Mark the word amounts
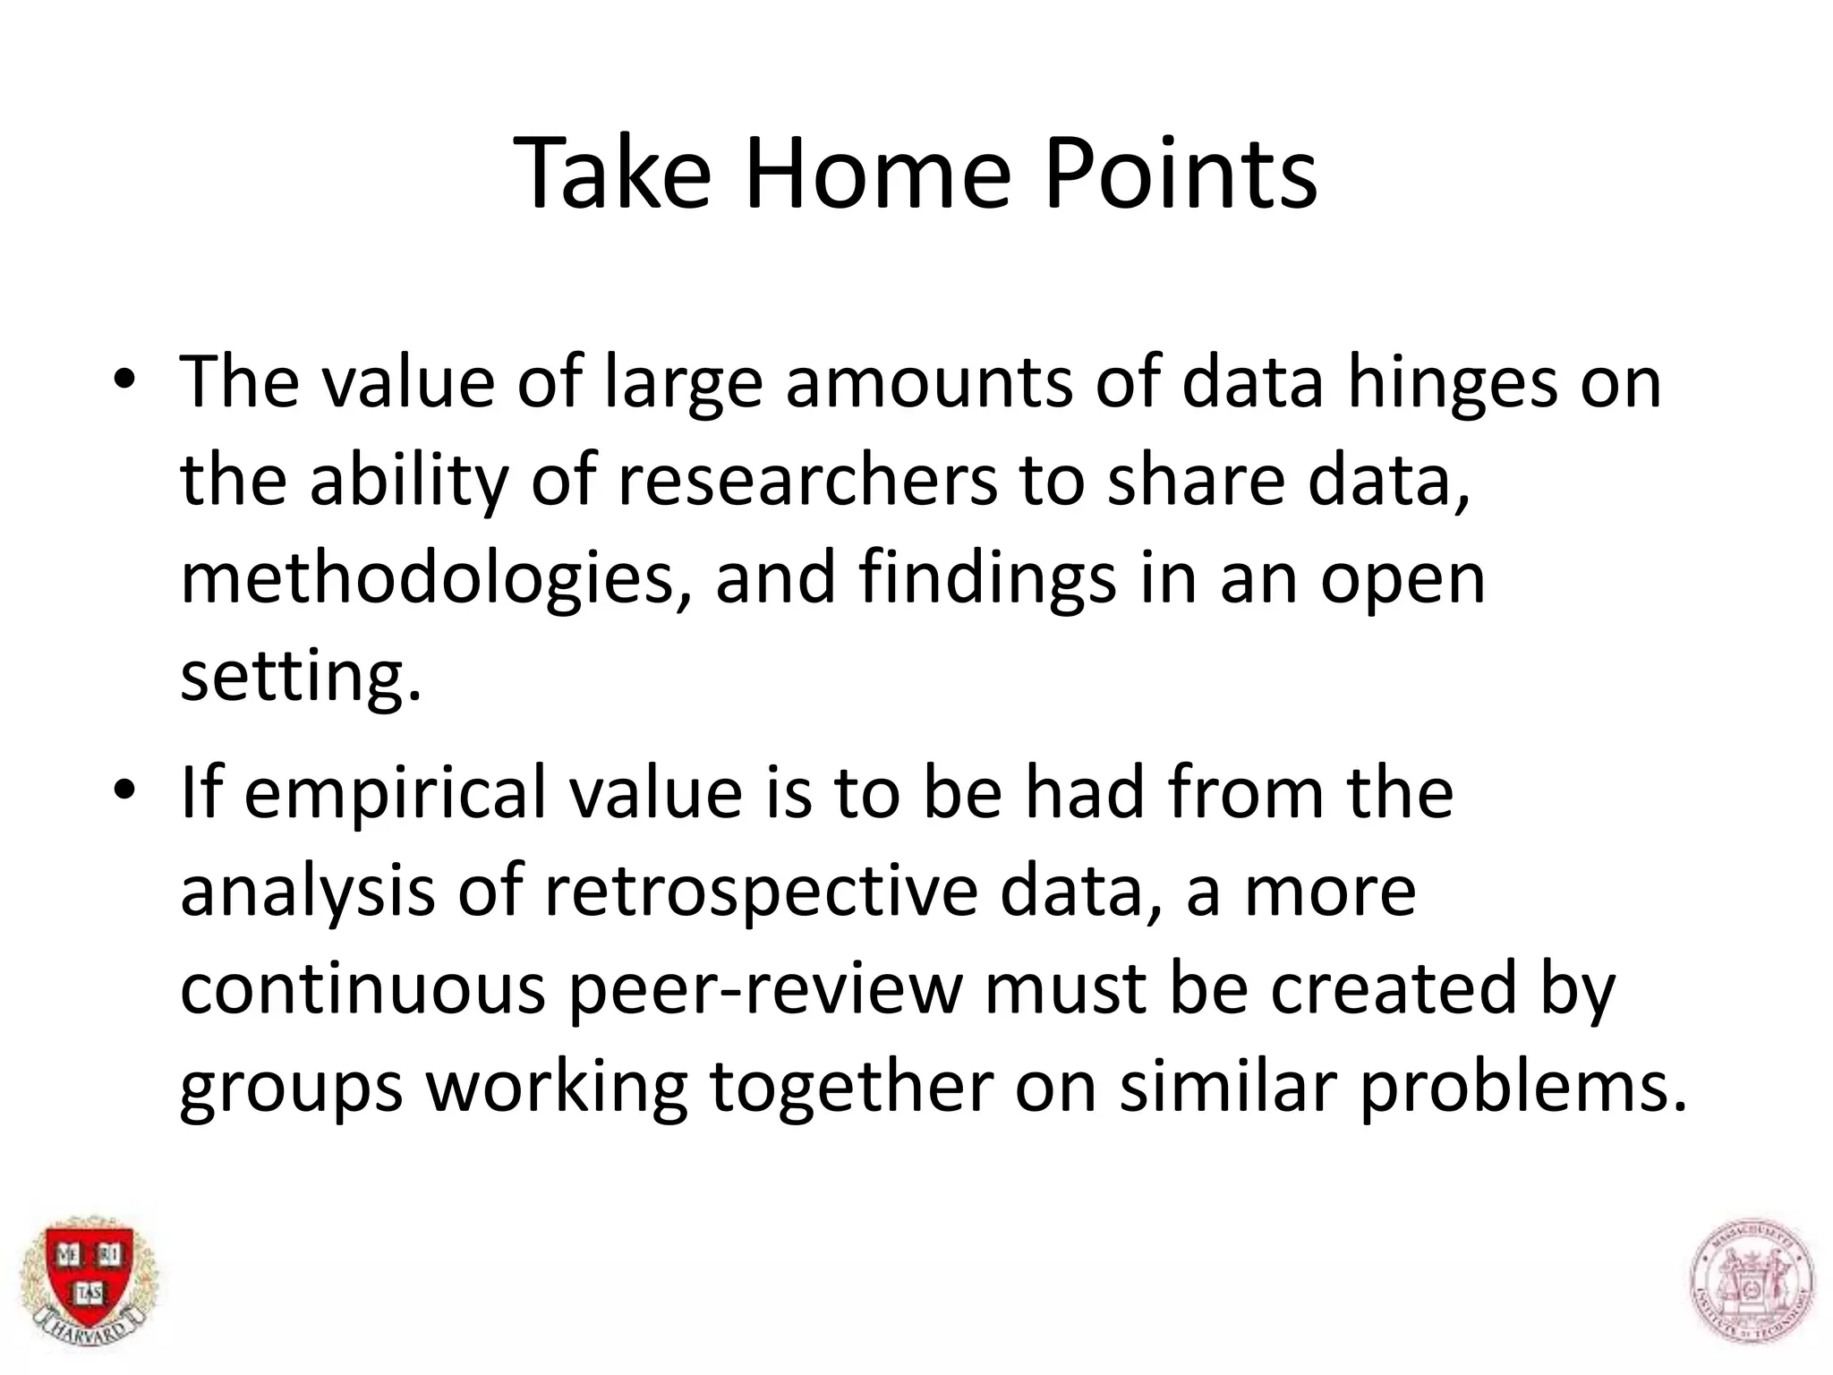click(930, 383)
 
